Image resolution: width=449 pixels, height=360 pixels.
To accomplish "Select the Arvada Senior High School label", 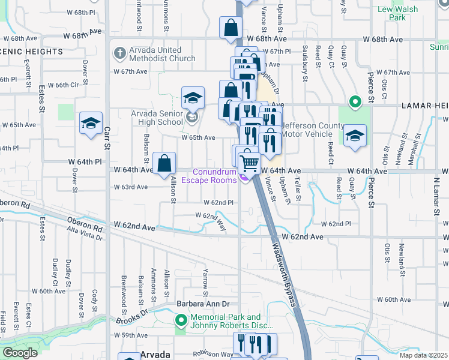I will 157,118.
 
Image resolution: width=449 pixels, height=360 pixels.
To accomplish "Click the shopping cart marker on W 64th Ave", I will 249,162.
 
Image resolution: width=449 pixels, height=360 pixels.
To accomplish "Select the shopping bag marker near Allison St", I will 164,163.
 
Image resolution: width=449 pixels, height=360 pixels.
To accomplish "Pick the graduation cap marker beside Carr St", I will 91,124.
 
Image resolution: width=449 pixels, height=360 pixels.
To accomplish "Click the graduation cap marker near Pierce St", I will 355,135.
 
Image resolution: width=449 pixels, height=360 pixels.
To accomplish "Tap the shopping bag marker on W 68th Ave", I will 231,28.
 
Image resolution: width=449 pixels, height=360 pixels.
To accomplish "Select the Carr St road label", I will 107,137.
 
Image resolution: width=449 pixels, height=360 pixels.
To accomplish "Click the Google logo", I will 20,353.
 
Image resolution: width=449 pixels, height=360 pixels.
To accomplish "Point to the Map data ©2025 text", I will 423,355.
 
